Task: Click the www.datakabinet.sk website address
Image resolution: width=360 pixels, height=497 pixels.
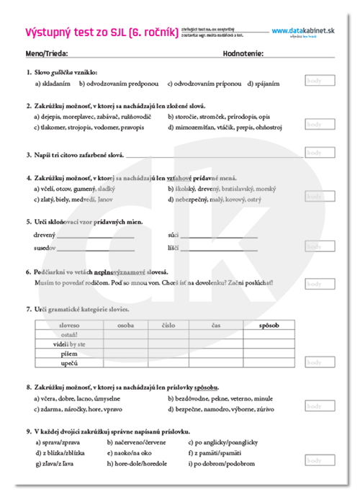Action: pos(304,31)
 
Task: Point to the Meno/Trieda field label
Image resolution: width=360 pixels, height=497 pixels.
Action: pos(47,53)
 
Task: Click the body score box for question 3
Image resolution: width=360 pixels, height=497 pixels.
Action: pos(319,153)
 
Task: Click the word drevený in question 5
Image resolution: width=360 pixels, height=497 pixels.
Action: pos(45,235)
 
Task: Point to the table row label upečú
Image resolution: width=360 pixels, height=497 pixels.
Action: pos(70,363)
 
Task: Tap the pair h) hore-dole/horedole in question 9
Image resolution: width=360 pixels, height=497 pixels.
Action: pos(134,465)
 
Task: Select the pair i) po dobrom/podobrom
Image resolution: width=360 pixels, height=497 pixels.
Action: pos(220,465)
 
